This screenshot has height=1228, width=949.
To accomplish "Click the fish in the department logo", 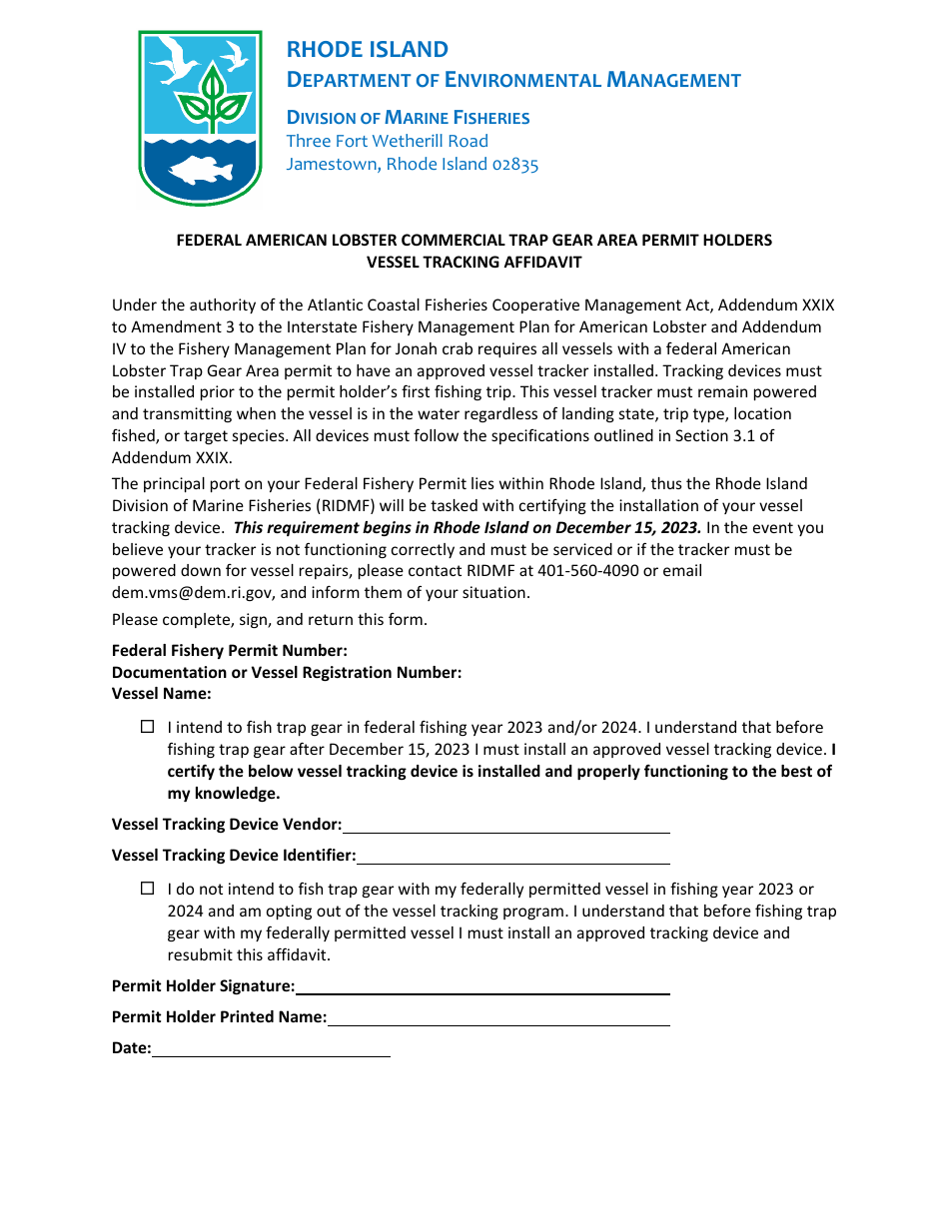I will point(200,172).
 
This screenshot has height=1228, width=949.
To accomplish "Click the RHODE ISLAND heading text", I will point(367,50).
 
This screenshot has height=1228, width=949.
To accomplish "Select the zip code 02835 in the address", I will point(514,165).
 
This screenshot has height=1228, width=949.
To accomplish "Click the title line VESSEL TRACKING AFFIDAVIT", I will point(474,263).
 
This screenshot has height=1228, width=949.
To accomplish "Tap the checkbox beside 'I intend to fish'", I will point(148,728).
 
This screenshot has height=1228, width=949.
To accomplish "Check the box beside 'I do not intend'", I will point(148,889).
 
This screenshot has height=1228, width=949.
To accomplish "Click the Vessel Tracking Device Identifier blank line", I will point(512,858).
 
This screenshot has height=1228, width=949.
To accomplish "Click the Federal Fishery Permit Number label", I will point(230,651).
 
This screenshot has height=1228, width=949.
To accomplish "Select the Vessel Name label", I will point(161,694).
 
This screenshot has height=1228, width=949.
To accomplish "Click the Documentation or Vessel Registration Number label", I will point(287,673).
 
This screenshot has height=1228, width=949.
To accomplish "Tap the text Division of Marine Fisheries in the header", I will point(408,118).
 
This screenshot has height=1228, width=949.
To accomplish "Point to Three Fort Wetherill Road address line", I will point(387,142).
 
